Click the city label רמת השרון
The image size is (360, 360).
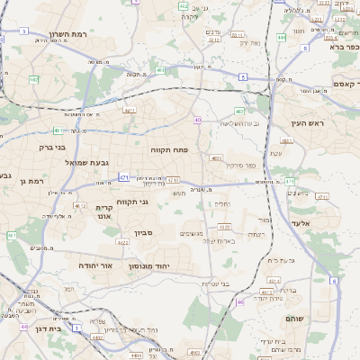tap(67, 33)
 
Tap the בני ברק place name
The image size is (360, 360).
tap(52, 147)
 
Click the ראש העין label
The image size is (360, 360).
tap(307, 122)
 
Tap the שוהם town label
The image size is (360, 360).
tap(294, 319)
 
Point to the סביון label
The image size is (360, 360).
tap(145, 233)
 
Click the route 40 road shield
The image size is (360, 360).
tap(197, 119)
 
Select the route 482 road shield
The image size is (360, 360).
tap(159, 69)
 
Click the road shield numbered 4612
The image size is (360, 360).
tap(80, 205)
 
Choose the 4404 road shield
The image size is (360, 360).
tap(135, 357)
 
